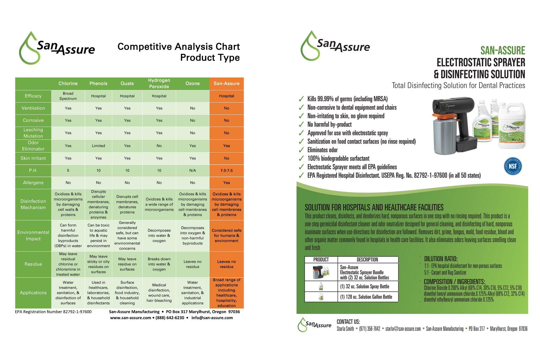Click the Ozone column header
pos(192,84)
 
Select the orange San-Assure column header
pos(226,84)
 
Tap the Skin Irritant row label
pos(33,158)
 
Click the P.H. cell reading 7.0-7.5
pos(226,171)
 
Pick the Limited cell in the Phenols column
pos(98,146)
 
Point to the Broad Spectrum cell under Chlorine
pos(68,96)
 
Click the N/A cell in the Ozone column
pos(192,171)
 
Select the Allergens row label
pos(33,183)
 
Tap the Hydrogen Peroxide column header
pos(159,84)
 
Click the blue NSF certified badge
pos(513,166)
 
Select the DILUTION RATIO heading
pos(441,259)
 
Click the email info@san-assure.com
pos(212,318)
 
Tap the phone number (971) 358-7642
pos(370,329)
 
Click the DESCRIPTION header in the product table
pos(367,260)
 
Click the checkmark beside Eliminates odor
pos(301,150)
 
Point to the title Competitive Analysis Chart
pos(179,47)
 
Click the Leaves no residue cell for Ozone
pos(192,264)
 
